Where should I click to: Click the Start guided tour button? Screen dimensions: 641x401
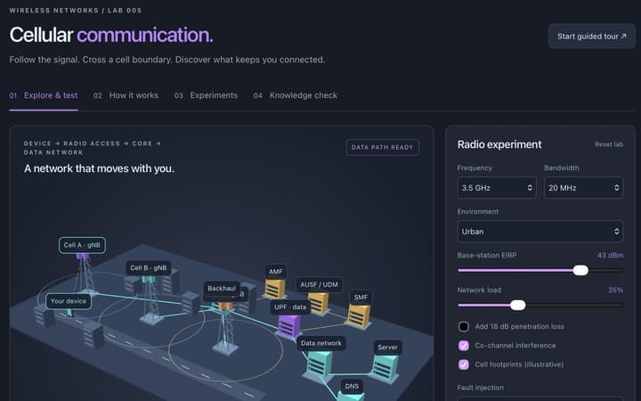pyautogui.click(x=591, y=37)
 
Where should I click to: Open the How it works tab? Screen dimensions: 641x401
pyautogui.click(x=126, y=95)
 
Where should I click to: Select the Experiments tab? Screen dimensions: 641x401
pyautogui.click(x=206, y=95)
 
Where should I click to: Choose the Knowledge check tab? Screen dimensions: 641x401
pyautogui.click(x=296, y=95)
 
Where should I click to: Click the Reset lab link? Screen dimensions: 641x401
pyautogui.click(x=609, y=144)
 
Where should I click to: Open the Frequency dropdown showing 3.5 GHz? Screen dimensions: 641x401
pyautogui.click(x=497, y=188)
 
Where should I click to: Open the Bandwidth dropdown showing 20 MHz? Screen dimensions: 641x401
pyautogui.click(x=583, y=188)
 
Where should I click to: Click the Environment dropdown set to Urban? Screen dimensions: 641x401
pyautogui.click(x=540, y=231)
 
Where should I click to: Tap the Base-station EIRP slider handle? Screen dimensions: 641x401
pyautogui.click(x=580, y=270)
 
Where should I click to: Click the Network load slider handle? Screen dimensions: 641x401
pyautogui.click(x=518, y=305)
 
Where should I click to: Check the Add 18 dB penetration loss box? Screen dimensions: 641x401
pyautogui.click(x=464, y=326)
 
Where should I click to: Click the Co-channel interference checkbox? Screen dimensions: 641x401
pyautogui.click(x=464, y=346)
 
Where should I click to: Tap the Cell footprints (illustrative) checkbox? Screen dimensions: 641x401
pyautogui.click(x=464, y=364)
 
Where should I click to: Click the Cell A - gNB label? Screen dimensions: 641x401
pyautogui.click(x=82, y=245)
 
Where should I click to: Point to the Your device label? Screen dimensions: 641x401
pyautogui.click(x=69, y=301)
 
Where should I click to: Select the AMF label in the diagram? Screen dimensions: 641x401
pyautogui.click(x=275, y=271)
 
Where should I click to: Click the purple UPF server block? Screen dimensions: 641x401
pyautogui.click(x=289, y=326)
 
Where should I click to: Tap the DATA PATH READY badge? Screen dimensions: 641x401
pyautogui.click(x=382, y=147)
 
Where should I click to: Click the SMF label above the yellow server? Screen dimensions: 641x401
pyautogui.click(x=361, y=297)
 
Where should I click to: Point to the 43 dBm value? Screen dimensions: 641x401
pyautogui.click(x=610, y=256)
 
